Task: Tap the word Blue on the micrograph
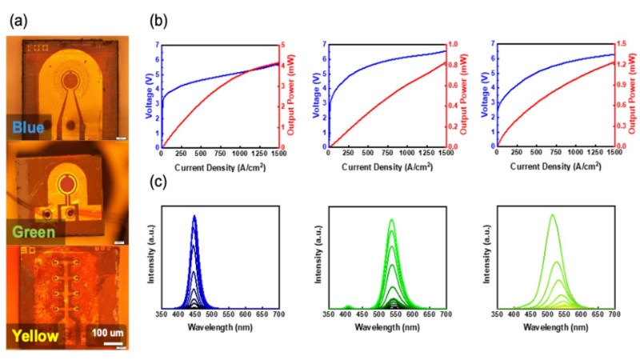tap(29, 126)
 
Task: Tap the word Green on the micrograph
tap(33, 232)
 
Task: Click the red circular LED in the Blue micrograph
tap(71, 80)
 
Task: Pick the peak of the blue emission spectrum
tap(194, 216)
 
